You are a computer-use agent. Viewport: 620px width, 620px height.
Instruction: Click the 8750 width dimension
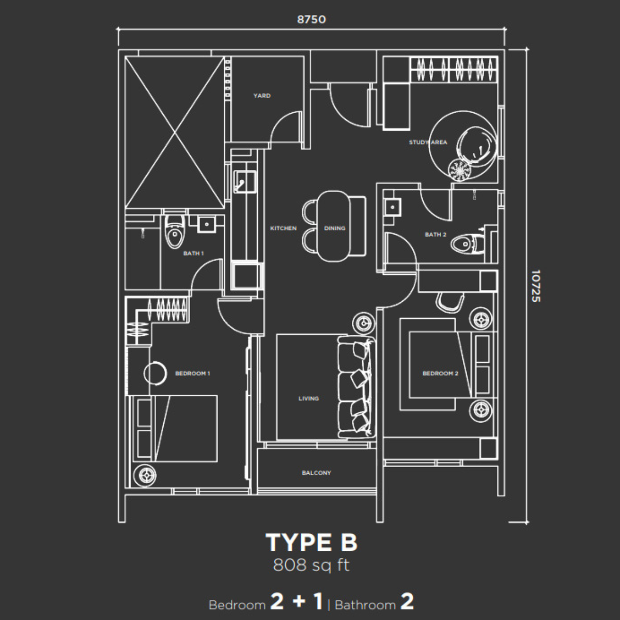point(311,20)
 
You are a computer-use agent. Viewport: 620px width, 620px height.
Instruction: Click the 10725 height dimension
point(535,286)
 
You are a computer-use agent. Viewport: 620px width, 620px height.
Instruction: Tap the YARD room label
point(261,96)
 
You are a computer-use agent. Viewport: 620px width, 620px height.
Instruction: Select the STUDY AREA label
point(428,142)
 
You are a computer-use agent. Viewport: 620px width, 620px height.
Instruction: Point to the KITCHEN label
point(283,228)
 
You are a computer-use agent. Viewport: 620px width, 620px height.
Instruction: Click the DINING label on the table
point(334,228)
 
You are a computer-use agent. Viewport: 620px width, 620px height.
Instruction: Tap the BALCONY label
point(316,473)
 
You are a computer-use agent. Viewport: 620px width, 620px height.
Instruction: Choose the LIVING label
point(308,398)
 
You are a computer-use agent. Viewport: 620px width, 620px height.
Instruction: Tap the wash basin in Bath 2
point(393,207)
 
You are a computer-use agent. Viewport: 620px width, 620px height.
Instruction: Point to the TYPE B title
point(311,542)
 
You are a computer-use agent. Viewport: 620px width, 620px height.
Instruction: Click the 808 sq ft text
point(311,565)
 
